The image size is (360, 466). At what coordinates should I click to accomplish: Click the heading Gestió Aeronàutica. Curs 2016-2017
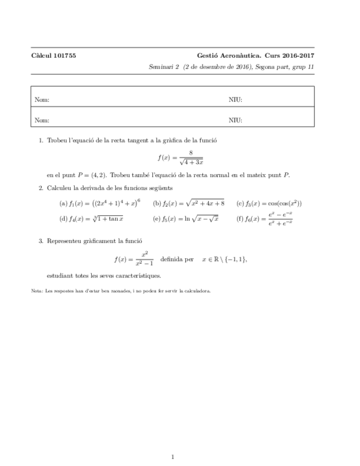coord(256,56)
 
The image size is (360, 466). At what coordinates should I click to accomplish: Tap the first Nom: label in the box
coord(42,100)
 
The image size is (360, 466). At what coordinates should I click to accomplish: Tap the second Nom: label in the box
coord(42,120)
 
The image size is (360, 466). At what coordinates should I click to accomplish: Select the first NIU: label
coord(235,100)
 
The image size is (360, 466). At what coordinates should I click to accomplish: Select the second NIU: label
coord(235,120)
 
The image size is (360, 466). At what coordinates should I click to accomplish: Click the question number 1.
coord(41,141)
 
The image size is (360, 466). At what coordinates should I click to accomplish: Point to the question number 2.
coord(41,188)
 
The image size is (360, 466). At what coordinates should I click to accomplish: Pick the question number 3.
coord(41,241)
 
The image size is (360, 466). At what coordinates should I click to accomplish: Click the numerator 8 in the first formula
coord(190,153)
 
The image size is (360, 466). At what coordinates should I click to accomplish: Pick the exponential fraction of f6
coord(280,219)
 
